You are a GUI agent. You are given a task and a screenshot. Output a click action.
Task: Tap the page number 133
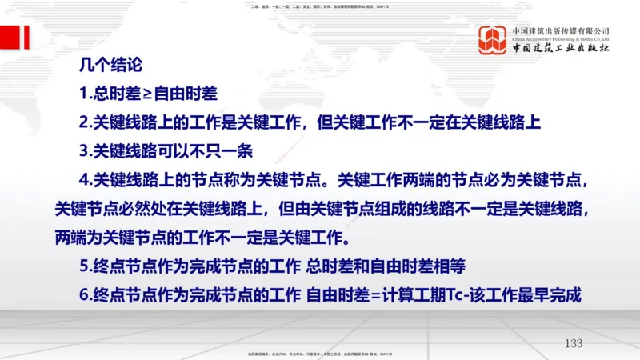click(x=574, y=343)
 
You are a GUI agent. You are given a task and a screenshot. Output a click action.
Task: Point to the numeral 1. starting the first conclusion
click(x=86, y=94)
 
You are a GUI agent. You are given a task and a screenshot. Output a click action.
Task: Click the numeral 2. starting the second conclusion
click(x=86, y=122)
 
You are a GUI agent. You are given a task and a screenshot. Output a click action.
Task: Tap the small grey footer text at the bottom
click(x=320, y=354)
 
